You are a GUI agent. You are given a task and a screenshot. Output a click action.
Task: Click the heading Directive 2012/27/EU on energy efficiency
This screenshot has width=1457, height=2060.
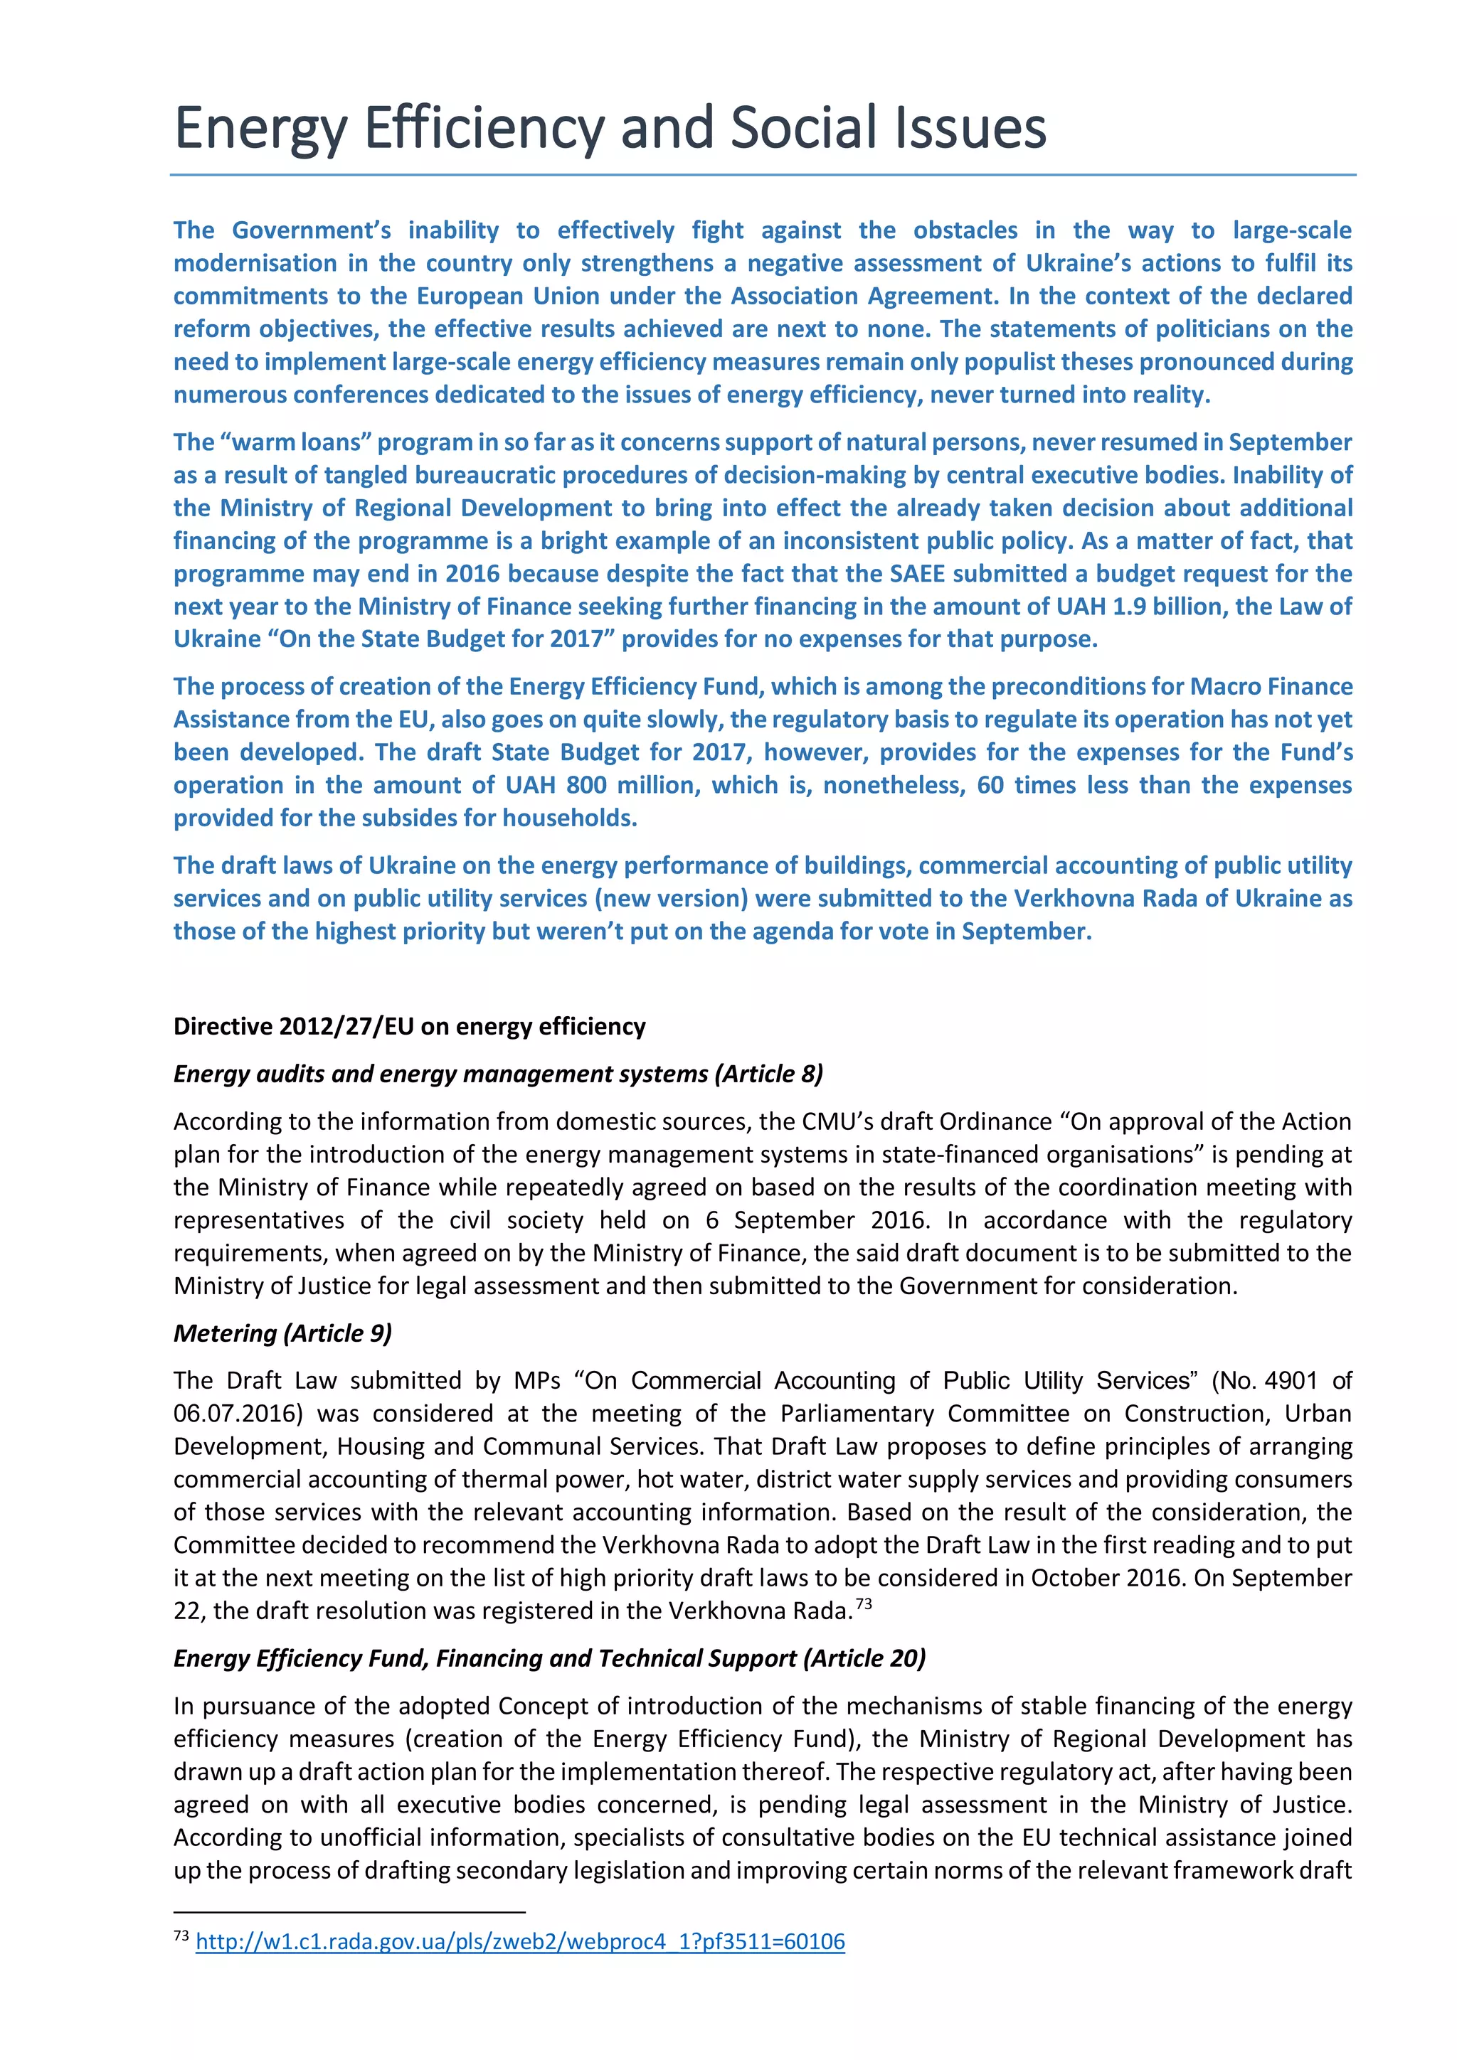(x=409, y=1026)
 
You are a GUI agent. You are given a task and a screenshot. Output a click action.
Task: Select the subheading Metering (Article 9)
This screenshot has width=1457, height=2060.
(x=282, y=1333)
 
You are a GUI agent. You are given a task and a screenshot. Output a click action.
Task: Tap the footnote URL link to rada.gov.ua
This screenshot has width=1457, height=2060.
(x=520, y=1941)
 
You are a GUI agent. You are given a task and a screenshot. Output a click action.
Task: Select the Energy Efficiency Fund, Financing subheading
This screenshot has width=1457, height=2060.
(x=549, y=1658)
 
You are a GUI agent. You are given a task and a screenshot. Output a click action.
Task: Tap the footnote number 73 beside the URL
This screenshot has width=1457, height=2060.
(x=181, y=1936)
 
